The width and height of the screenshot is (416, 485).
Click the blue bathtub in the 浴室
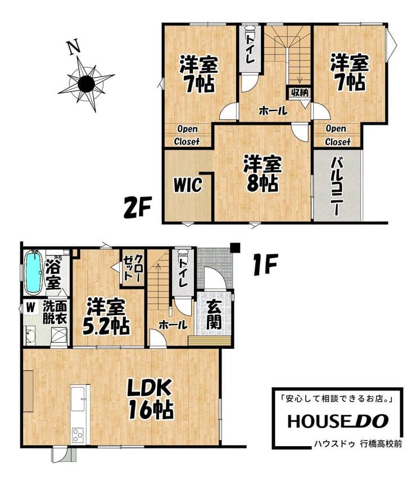[33, 272]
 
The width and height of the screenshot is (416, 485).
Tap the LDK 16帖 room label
[151, 399]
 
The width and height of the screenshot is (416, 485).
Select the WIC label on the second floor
[188, 185]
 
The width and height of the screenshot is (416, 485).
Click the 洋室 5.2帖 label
[106, 316]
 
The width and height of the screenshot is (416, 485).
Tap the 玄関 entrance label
[214, 315]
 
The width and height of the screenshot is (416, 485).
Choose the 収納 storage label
[300, 92]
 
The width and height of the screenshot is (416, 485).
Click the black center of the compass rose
[86, 83]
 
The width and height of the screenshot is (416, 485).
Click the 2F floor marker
[138, 208]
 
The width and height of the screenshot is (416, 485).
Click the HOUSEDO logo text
[338, 421]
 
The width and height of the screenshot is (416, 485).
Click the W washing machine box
[30, 307]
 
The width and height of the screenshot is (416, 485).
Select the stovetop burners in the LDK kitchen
[77, 435]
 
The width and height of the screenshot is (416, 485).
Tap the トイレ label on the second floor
[250, 48]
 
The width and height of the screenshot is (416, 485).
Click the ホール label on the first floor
[173, 325]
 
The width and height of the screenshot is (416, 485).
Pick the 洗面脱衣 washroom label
[55, 312]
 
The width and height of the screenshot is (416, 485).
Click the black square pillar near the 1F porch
[236, 248]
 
